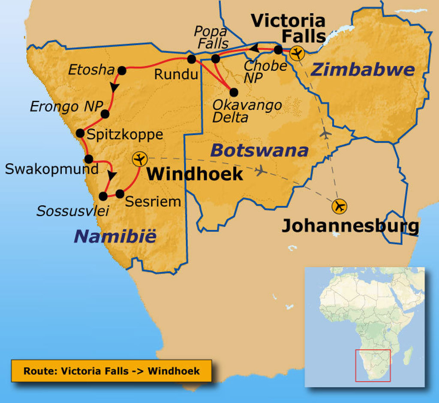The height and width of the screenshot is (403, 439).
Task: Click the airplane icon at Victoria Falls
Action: click(x=297, y=54)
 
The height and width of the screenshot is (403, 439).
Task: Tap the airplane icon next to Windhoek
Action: click(x=139, y=159)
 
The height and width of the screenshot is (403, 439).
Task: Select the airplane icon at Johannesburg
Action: click(x=340, y=206)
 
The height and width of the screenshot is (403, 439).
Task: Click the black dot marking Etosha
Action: click(x=122, y=71)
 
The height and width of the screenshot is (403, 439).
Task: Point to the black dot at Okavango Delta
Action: click(x=234, y=92)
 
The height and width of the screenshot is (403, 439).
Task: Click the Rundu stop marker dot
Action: click(x=192, y=59)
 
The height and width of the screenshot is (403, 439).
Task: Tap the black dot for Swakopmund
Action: click(x=89, y=159)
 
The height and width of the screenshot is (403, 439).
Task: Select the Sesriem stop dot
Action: click(x=120, y=193)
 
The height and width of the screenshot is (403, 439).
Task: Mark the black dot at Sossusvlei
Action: click(x=103, y=196)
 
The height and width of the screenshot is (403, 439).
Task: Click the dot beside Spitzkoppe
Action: click(x=80, y=133)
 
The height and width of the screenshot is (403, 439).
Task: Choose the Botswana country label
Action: click(x=259, y=150)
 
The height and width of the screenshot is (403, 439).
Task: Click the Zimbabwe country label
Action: click(x=362, y=69)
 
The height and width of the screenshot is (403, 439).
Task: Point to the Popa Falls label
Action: click(x=211, y=37)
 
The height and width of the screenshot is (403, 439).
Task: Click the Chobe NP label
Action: click(x=265, y=71)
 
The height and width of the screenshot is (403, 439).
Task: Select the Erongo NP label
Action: click(x=64, y=107)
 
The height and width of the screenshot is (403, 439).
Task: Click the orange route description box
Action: click(x=111, y=371)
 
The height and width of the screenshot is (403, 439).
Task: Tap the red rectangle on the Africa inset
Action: click(x=373, y=365)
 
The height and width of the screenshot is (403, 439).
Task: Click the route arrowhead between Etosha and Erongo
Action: click(x=114, y=87)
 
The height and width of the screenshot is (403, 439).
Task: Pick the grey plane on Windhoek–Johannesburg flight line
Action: click(x=261, y=171)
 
